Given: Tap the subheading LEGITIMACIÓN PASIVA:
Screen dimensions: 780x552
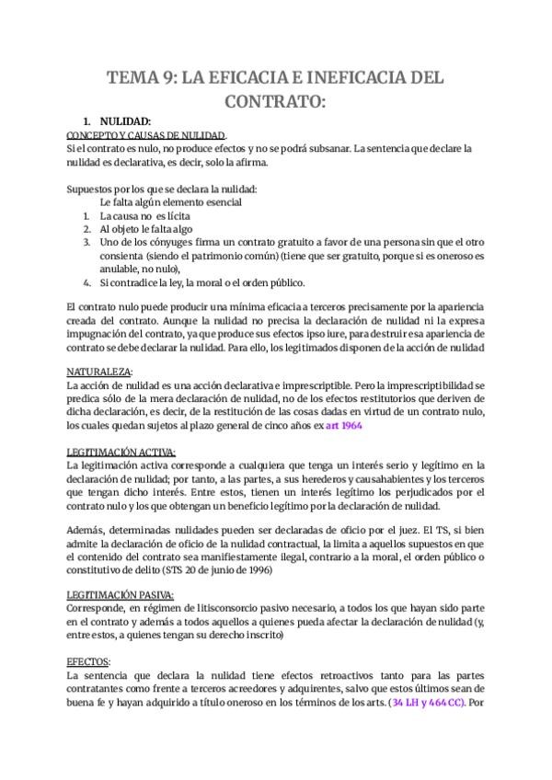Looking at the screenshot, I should click(x=121, y=595).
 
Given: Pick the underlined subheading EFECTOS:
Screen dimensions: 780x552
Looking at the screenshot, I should click(x=88, y=661).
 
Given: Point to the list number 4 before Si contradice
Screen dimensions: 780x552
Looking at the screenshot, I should click(x=86, y=281).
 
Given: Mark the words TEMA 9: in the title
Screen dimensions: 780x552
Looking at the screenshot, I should click(x=143, y=78).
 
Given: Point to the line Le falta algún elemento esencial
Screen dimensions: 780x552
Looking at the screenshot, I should click(x=172, y=201).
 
